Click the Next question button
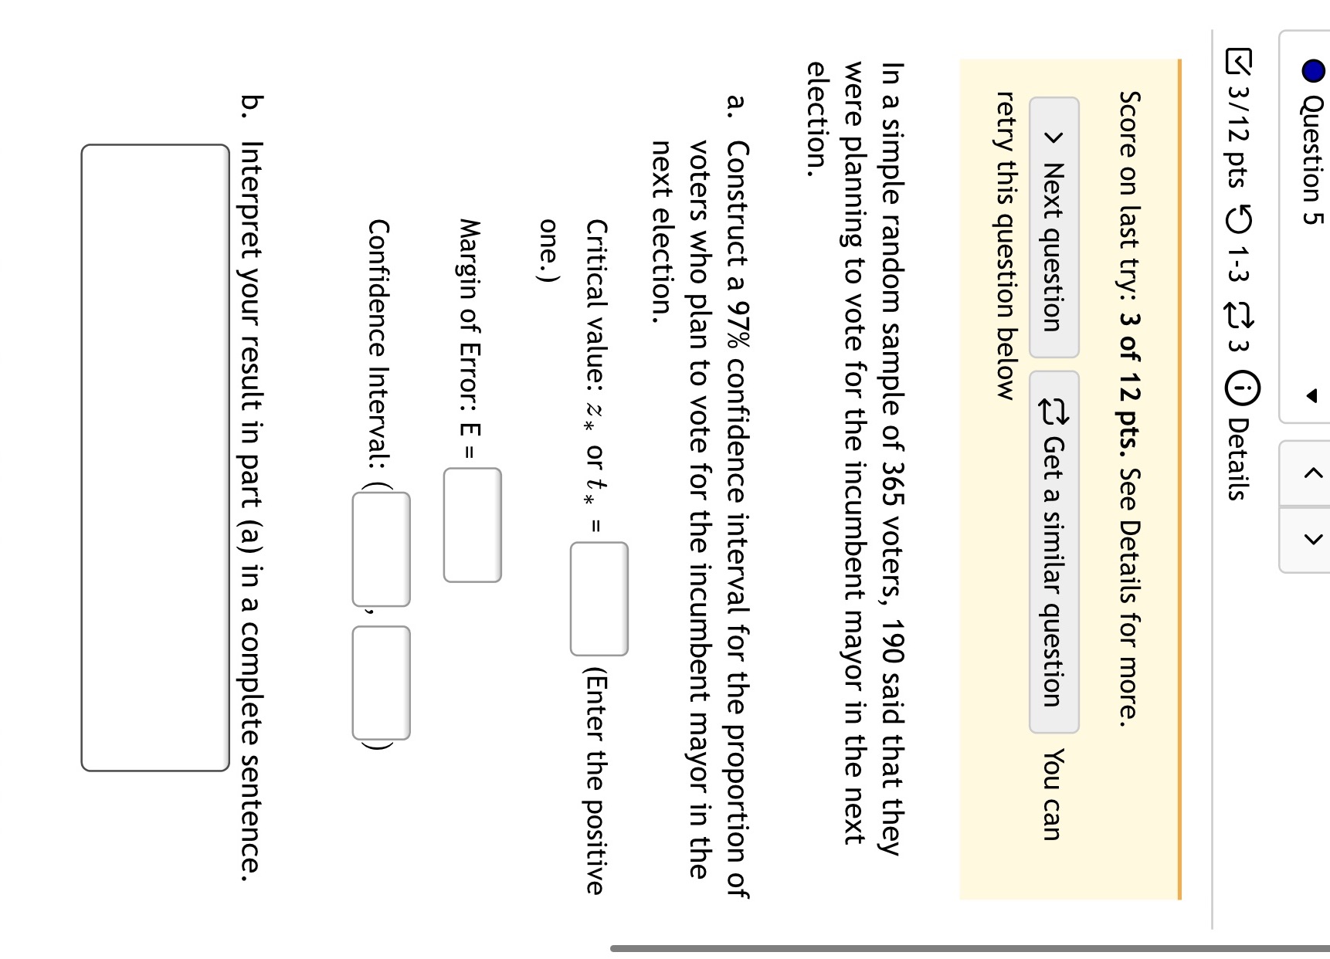[1053, 227]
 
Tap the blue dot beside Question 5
[1313, 71]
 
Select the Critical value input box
[599, 598]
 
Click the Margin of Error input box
[472, 525]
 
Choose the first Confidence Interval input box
[381, 549]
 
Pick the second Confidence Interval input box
[381, 683]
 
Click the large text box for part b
[155, 457]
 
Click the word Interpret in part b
[252, 201]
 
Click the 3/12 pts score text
[1237, 138]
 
